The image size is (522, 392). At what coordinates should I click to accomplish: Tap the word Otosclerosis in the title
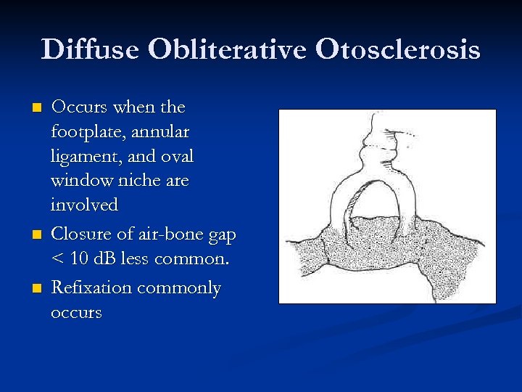click(397, 49)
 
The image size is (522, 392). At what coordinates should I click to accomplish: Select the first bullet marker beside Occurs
click(38, 108)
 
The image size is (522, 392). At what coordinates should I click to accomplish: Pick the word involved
click(83, 205)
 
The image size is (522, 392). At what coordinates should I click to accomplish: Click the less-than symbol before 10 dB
click(57, 260)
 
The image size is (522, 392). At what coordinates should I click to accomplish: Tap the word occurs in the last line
click(76, 314)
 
